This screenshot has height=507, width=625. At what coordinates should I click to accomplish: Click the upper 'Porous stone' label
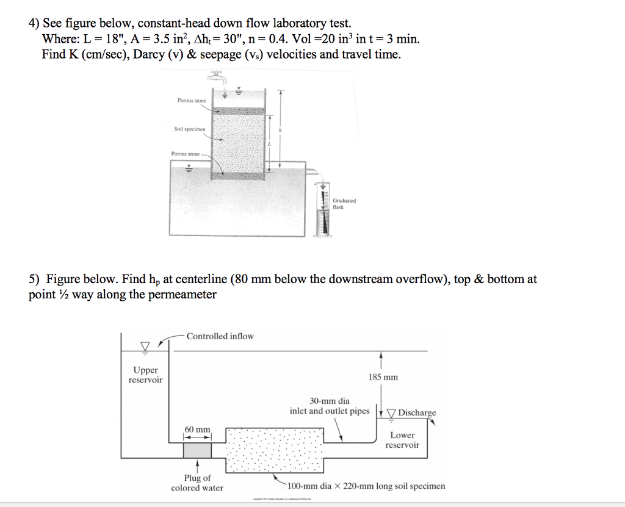coord(192,100)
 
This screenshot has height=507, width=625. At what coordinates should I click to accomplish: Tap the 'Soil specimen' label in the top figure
coord(190,129)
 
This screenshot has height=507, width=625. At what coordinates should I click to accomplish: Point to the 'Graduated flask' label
coord(344,203)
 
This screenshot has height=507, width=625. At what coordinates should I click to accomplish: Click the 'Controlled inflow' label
coord(220,336)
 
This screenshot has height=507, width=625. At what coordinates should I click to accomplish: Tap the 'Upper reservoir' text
coord(145,375)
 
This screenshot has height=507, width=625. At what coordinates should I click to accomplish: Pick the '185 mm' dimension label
coord(383,377)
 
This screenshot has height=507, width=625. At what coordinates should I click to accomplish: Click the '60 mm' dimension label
coord(197,430)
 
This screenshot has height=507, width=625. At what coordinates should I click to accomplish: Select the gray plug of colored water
coord(197,450)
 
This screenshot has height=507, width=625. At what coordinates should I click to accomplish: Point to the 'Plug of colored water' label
coord(197,483)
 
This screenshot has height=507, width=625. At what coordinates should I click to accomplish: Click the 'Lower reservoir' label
coord(402,440)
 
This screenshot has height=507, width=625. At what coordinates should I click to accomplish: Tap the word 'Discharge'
coord(417,412)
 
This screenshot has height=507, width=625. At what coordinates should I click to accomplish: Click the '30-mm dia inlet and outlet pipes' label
coord(330,406)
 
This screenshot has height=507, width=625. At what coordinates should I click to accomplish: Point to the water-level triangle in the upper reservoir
coord(145,347)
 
